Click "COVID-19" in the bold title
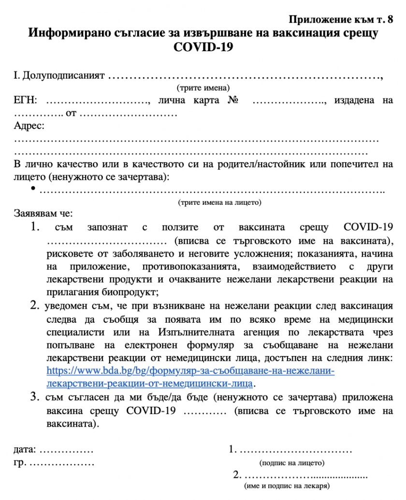coord(203,47)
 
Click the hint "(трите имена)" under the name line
coord(203,88)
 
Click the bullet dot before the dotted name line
coord(33,189)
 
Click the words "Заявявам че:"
coord(43,214)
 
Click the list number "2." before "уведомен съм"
coord(34,305)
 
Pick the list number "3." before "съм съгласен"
coord(35,397)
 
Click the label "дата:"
coord(25,450)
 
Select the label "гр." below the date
coord(19,463)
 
